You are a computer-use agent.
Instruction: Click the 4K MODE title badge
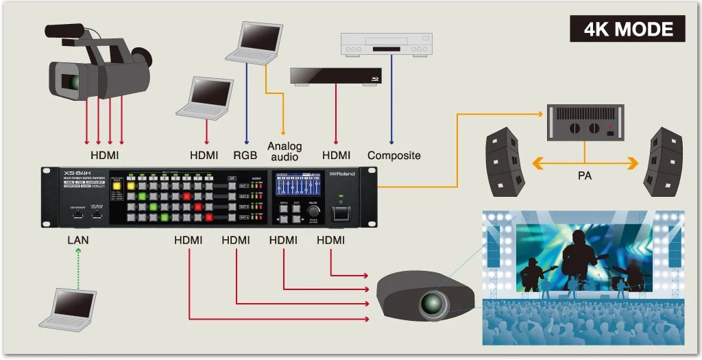tap(627, 29)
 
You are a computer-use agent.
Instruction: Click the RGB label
tap(245, 156)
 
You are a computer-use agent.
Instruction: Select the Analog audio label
tap(284, 151)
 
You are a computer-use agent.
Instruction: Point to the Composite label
tap(394, 156)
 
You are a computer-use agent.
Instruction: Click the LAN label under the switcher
tap(77, 240)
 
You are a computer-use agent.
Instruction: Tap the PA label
tap(584, 176)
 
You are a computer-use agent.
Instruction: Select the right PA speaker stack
tap(663, 161)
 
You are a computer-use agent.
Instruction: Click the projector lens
tap(432, 302)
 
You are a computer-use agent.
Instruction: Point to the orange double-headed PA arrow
tap(584, 163)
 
